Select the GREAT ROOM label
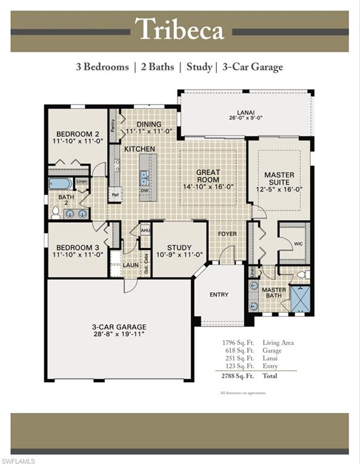208,176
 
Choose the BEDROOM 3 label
78,251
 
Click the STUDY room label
179,251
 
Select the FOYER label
227,234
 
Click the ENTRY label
219,295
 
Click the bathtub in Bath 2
61,183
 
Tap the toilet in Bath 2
56,212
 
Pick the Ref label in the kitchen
115,194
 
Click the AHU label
145,231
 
